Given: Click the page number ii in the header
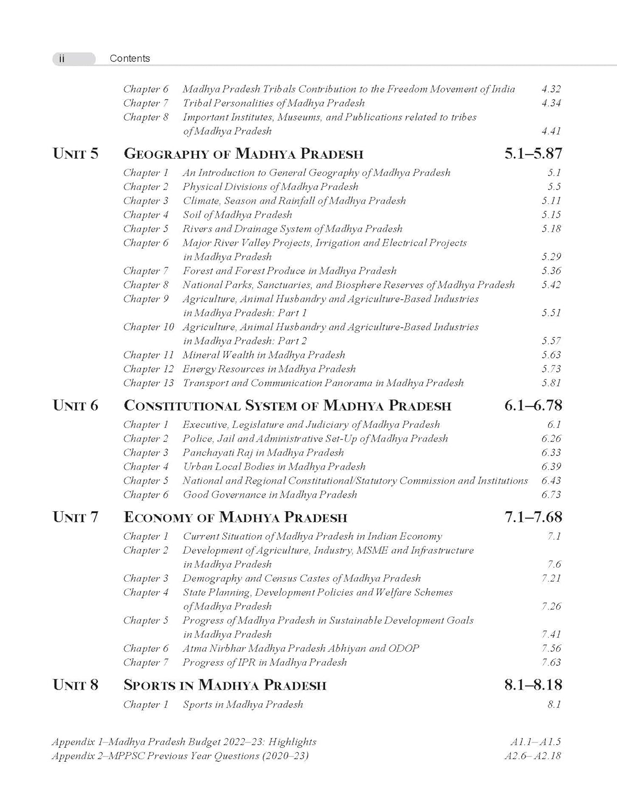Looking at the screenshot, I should [61, 59].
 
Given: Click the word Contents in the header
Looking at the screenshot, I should [130, 59].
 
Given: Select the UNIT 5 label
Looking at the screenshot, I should [76, 154].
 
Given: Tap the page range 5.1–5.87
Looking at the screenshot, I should [533, 154].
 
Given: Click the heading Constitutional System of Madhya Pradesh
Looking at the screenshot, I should [288, 406].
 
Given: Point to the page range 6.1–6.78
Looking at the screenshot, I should [533, 406].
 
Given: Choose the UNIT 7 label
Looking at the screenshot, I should [76, 518].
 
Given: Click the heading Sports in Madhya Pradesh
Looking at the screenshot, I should [225, 685].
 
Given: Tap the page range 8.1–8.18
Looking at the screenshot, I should [533, 685].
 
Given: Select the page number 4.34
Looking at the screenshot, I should [551, 103].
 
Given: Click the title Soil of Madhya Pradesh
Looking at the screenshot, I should [237, 215].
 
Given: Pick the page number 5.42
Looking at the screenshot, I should [551, 285].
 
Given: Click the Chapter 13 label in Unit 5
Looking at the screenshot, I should [149, 383].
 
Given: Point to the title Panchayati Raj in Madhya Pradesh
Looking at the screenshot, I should [263, 453].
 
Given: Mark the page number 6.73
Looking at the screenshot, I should [551, 495].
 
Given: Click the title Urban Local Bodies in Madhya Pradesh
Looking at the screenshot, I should [274, 467].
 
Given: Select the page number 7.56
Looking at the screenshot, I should [551, 649].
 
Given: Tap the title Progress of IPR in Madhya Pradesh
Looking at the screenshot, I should [264, 663].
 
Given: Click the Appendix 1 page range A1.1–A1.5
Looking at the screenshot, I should [535, 742].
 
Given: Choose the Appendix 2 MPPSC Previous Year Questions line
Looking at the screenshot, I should [180, 756].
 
